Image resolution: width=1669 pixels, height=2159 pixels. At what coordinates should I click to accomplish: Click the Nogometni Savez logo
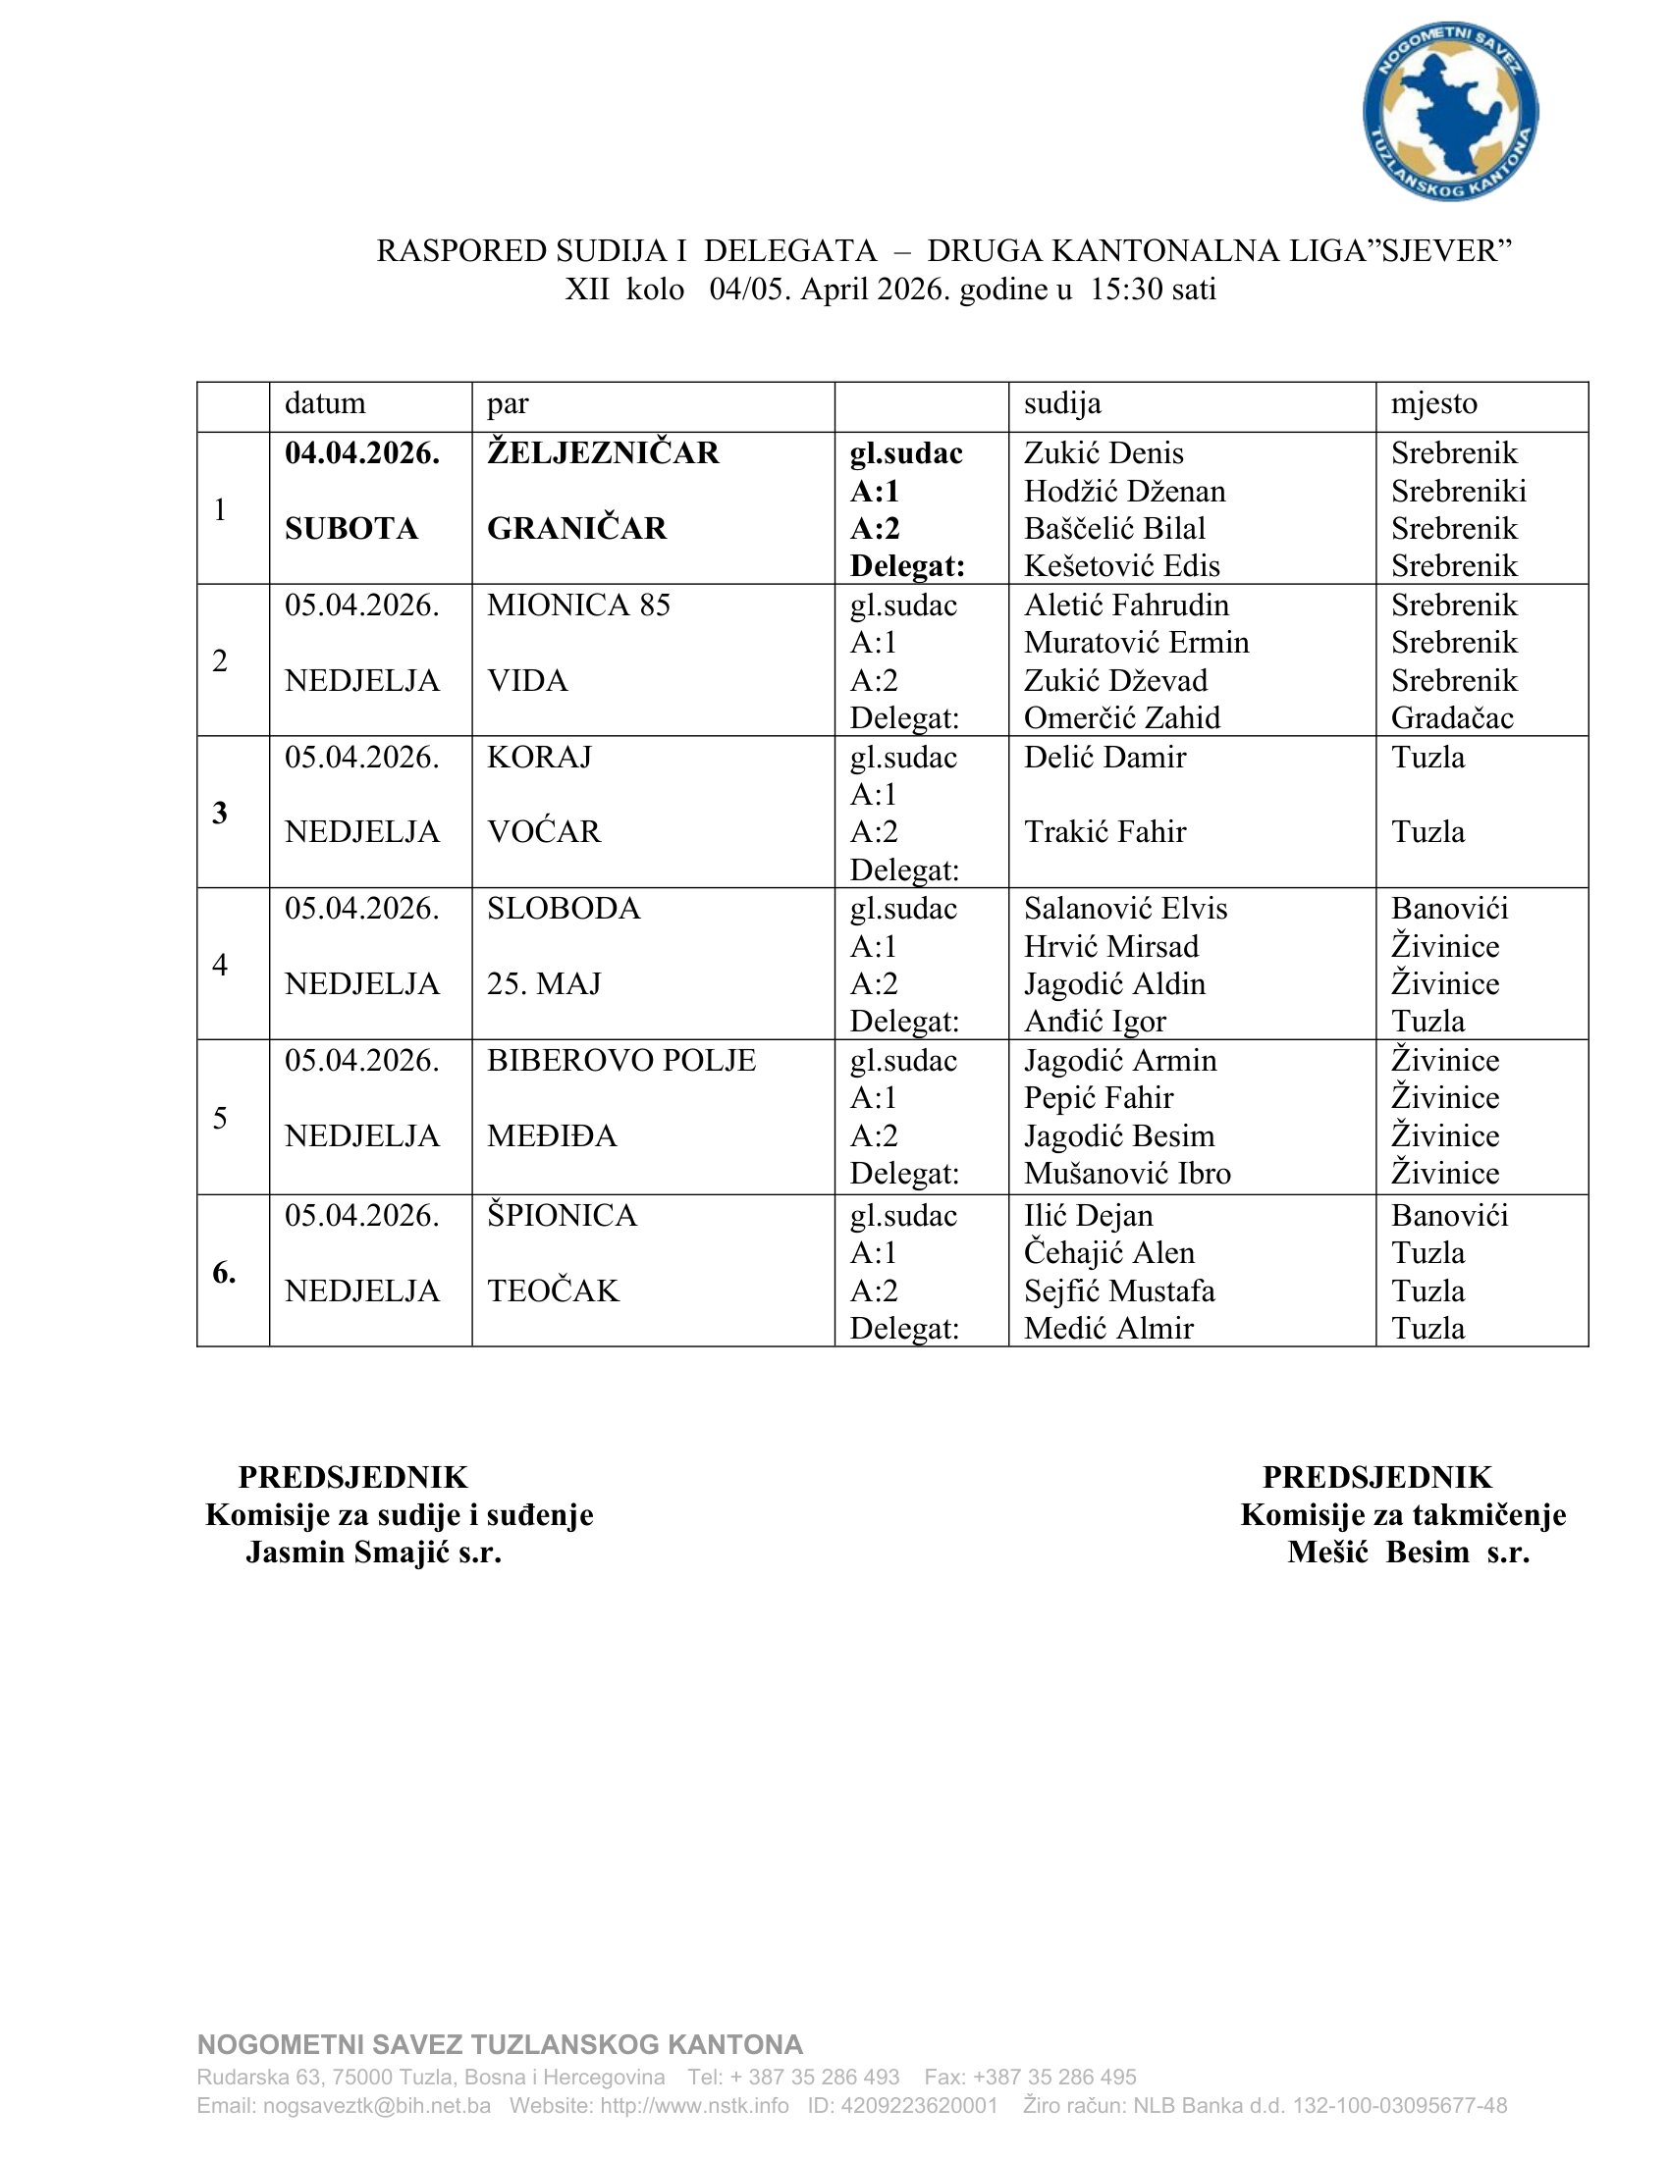tap(1449, 112)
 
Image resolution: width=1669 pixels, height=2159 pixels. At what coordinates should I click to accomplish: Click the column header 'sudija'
tap(1062, 403)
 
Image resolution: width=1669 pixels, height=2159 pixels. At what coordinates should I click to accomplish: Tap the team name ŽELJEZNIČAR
tap(603, 452)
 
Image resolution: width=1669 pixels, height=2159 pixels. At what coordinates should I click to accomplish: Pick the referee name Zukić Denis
tap(1104, 452)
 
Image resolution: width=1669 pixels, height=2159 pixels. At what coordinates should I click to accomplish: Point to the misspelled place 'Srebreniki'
tap(1458, 492)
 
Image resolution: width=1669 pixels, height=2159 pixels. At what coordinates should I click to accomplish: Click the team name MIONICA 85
tap(578, 605)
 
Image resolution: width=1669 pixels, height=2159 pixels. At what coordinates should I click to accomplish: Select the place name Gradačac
tap(1451, 717)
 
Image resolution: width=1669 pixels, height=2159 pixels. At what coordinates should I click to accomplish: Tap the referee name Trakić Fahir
tap(1104, 832)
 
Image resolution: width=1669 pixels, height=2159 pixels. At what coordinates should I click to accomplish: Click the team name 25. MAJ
tap(544, 984)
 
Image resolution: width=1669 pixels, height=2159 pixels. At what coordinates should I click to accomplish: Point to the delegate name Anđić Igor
tap(1095, 1022)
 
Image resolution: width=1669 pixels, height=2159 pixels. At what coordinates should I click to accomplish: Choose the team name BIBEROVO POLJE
tap(620, 1061)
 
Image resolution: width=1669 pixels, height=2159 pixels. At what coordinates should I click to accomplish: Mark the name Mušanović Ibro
tap(1127, 1174)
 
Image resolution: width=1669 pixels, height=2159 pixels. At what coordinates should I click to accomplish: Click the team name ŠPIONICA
tap(562, 1216)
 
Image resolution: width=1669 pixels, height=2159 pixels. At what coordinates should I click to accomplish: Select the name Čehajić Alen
tap(1109, 1253)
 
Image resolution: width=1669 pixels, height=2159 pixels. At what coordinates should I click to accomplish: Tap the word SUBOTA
tap(351, 529)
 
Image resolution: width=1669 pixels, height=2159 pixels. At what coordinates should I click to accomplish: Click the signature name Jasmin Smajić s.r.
tap(374, 1553)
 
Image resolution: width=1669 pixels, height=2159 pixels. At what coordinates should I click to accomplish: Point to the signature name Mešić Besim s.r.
tap(1408, 1553)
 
